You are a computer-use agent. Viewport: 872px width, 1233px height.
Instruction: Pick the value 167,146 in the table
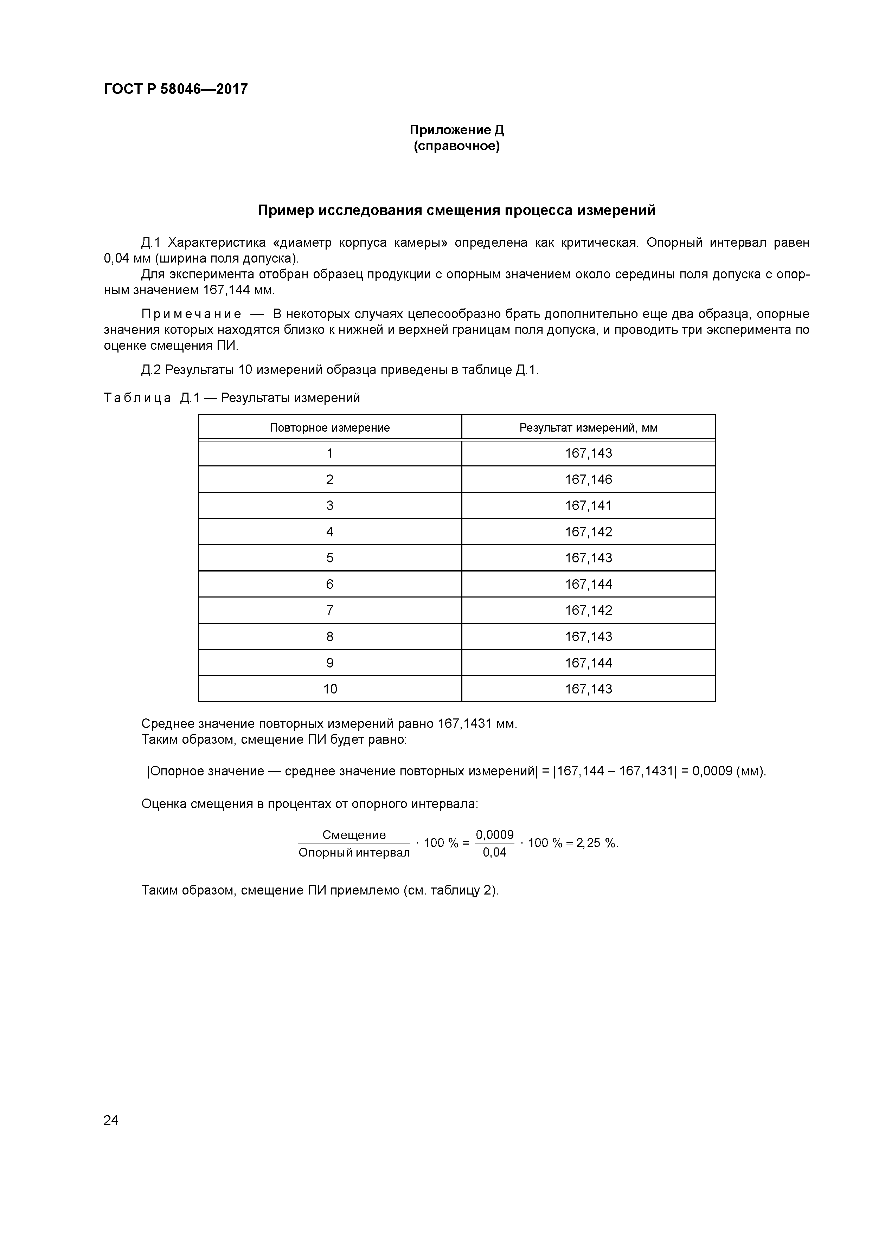coord(588,479)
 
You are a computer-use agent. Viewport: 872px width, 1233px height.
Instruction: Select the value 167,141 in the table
coord(588,505)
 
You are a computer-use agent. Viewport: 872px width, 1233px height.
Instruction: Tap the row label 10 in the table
coord(329,689)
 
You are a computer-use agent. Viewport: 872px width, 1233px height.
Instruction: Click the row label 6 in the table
coord(329,584)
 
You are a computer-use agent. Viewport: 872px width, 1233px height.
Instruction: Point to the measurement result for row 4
coord(588,532)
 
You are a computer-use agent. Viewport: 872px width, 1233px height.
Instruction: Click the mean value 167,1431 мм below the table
coord(476,724)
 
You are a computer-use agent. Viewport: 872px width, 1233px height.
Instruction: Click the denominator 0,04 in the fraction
coord(494,853)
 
